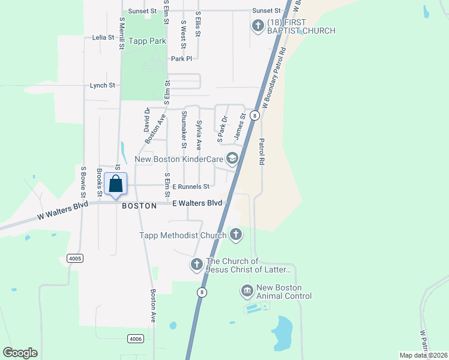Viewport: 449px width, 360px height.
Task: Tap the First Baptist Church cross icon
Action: coord(258,26)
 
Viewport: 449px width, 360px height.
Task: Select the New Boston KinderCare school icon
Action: coord(232,159)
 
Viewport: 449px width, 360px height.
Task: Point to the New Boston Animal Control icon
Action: coord(247,292)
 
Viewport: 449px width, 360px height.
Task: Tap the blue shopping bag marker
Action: coord(116,184)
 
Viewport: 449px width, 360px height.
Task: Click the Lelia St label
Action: coord(103,37)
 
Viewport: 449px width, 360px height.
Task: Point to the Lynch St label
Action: coord(102,85)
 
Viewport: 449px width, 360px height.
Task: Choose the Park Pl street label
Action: coord(181,59)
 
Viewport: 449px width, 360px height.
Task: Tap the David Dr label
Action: coord(146,120)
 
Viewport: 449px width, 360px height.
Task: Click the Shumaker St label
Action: coord(184,130)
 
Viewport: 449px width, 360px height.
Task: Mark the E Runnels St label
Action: coord(190,187)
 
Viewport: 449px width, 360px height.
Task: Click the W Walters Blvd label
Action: coord(62,209)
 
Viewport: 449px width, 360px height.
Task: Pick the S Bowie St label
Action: coord(83,181)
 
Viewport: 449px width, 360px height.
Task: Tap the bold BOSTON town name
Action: coord(139,205)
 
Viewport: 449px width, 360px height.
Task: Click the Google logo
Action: coord(20,353)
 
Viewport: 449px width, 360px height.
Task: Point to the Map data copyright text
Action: coord(423,355)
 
